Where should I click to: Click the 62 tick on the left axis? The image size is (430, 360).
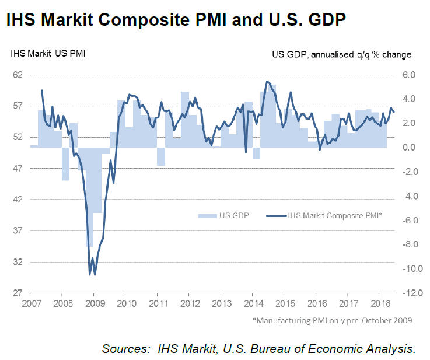(17, 75)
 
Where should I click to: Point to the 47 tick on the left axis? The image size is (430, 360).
(17, 168)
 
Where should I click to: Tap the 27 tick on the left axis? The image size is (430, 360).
(17, 293)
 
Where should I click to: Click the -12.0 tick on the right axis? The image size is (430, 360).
(407, 293)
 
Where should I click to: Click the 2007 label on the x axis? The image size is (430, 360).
(31, 304)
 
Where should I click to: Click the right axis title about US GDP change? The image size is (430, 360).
(341, 54)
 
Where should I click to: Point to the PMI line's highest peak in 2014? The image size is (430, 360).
(267, 81)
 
